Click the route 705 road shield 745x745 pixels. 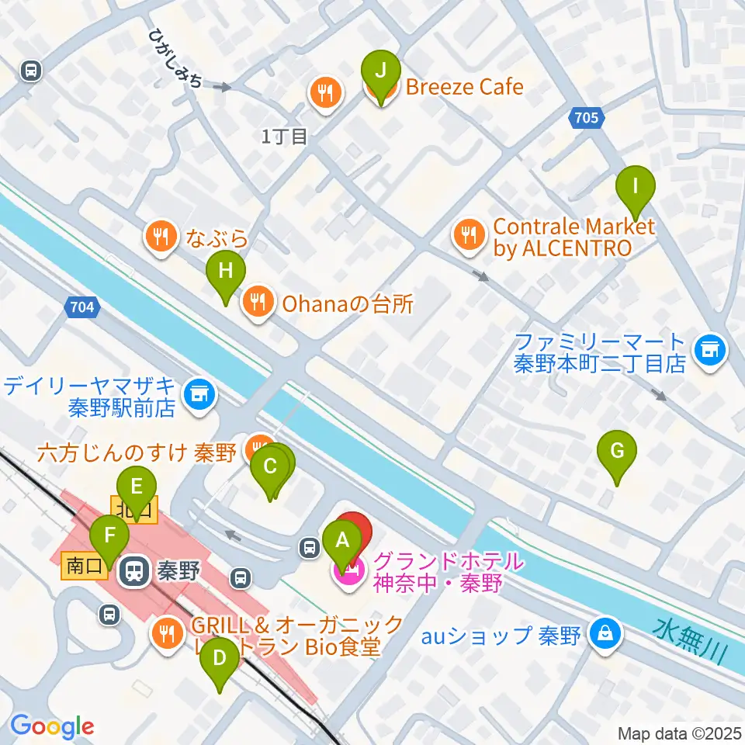click(587, 118)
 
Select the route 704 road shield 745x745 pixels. click(81, 307)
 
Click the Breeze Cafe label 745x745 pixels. click(465, 87)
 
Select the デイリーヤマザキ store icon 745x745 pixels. click(199, 393)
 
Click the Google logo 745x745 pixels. click(52, 726)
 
